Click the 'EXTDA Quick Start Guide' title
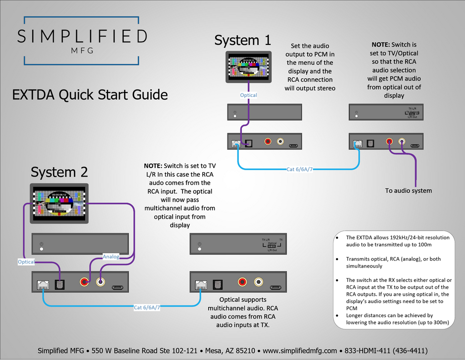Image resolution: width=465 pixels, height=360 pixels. click(x=90, y=94)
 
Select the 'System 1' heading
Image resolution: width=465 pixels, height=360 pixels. click(x=243, y=41)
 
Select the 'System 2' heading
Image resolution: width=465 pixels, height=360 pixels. click(x=59, y=172)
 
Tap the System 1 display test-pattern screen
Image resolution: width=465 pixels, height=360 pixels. click(x=249, y=67)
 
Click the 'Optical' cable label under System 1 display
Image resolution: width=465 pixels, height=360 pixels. click(x=248, y=95)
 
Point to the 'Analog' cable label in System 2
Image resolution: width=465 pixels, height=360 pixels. click(x=111, y=256)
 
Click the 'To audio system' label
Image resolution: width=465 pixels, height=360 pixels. click(x=409, y=190)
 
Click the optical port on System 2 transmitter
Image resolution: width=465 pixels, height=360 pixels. click(x=60, y=284)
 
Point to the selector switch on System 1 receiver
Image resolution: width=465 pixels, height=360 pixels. click(x=410, y=113)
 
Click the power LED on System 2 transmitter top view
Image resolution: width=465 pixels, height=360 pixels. click(x=42, y=249)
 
